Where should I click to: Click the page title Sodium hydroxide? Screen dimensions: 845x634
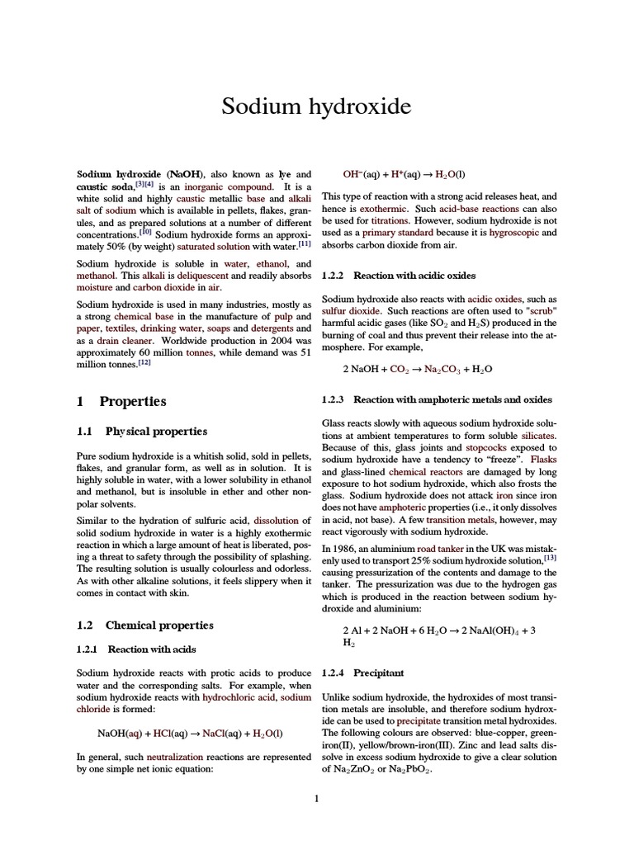click(x=316, y=107)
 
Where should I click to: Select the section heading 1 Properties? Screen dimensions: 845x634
click(x=121, y=402)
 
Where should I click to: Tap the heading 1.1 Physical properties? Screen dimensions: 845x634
click(x=142, y=432)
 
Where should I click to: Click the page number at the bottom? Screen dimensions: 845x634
click(x=317, y=798)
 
